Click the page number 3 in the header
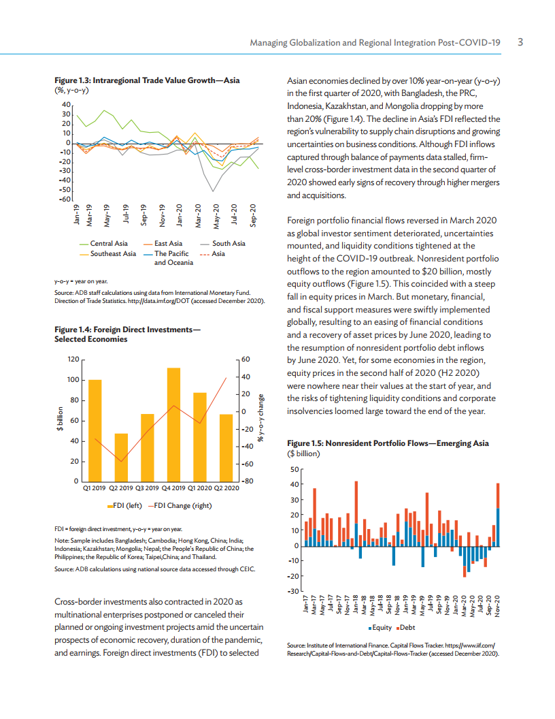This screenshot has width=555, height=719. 520,42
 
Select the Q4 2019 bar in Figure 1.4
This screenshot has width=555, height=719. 173,425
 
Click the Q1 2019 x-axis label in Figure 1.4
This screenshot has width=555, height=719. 95,488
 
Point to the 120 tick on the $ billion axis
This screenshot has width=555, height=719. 72,359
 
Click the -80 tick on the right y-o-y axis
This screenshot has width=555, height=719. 247,481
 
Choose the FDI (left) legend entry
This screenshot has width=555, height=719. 125,505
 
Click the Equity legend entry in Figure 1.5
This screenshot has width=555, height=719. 381,626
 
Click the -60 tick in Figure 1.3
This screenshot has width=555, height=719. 66,199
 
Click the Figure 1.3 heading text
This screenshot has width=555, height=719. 147,80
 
